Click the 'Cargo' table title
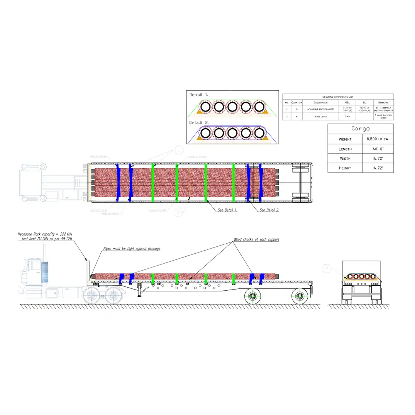click(360, 129)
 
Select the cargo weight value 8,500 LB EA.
click(378, 139)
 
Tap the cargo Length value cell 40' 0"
click(378, 149)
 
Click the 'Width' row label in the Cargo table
click(345, 158)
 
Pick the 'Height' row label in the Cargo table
click(345, 168)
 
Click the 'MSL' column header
click(347, 102)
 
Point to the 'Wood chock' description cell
click(321, 116)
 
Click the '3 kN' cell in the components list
click(347, 116)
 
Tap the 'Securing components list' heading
click(338, 97)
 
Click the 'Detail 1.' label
click(199, 95)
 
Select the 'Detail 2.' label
click(199, 123)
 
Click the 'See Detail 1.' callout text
click(227, 210)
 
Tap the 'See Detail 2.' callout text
click(269, 210)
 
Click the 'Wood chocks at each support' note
click(256, 240)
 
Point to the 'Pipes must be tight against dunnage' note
click(132, 249)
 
